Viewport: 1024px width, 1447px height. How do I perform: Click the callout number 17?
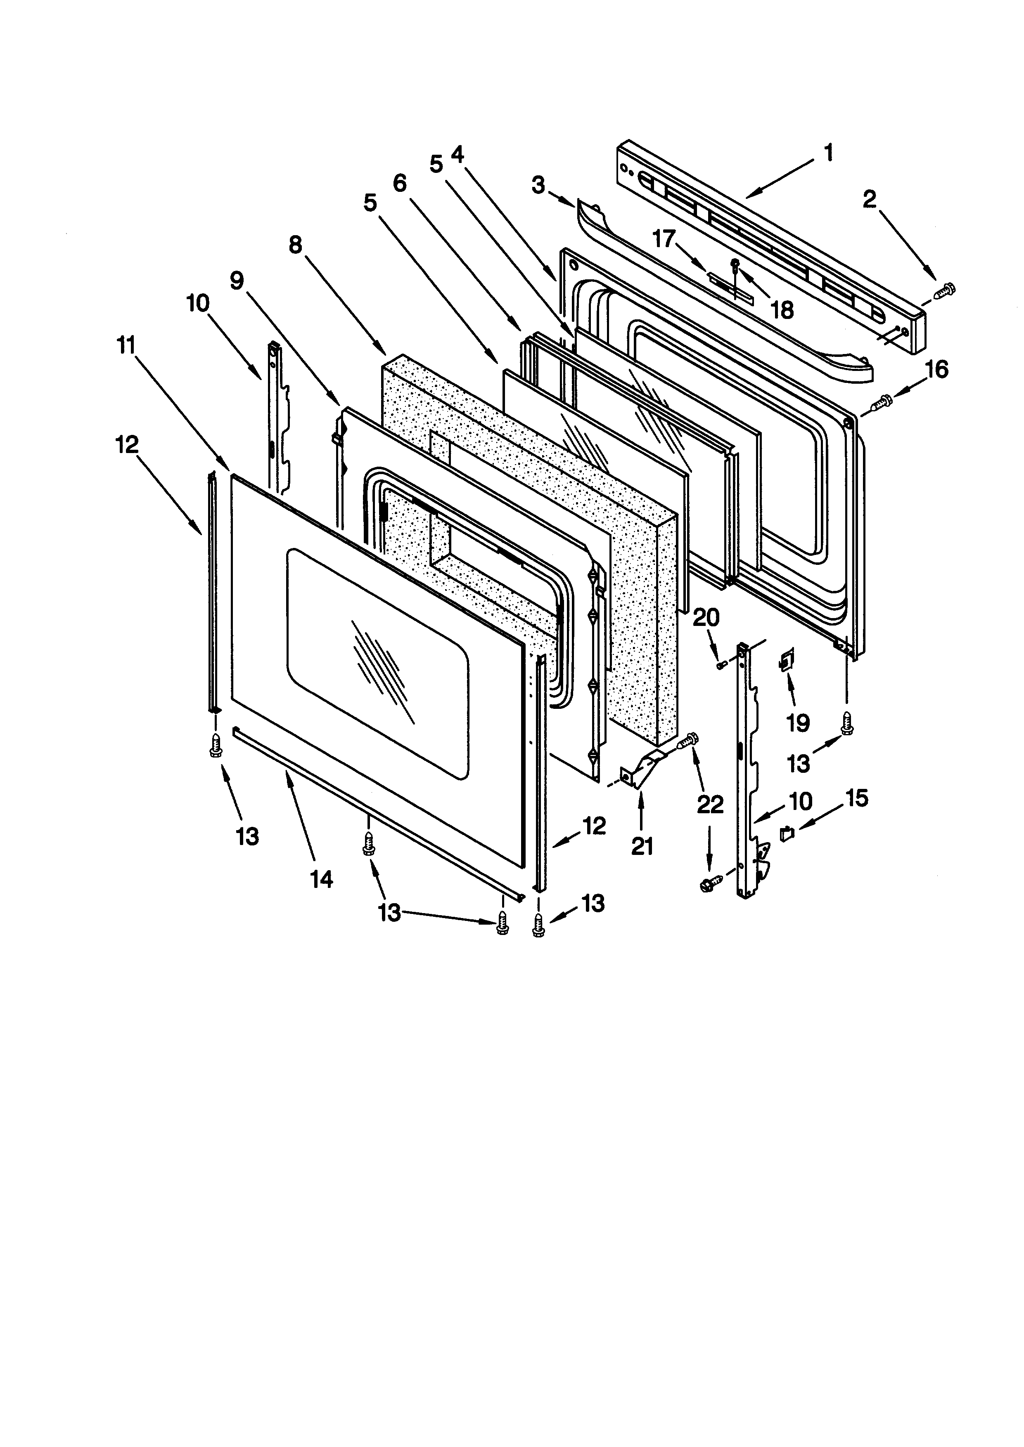[x=664, y=239]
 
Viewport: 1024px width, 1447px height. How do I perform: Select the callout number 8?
[x=296, y=245]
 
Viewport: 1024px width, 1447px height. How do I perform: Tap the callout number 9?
[x=237, y=281]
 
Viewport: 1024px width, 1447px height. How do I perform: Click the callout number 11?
[x=126, y=345]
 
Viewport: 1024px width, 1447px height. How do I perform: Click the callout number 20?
[x=706, y=618]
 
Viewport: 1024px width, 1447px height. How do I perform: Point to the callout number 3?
[x=538, y=185]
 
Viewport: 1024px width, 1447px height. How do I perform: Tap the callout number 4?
[x=458, y=154]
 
